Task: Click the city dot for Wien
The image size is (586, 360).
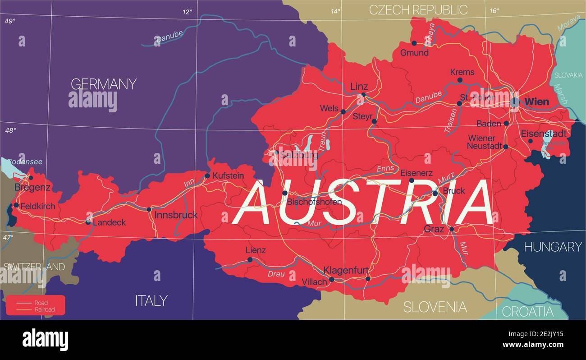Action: (515, 102)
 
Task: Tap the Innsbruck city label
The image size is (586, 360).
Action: (176, 215)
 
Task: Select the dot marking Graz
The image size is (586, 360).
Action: (451, 229)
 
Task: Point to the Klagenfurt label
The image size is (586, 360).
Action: (346, 270)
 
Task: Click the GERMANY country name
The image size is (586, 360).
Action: (104, 84)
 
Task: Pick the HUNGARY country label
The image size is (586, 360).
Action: (553, 247)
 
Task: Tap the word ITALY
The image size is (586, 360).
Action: (151, 300)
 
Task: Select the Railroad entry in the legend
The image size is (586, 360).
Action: (45, 309)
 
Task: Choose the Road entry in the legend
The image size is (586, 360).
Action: (41, 303)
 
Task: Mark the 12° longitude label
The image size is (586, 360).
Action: (187, 12)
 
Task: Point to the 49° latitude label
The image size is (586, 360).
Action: (10, 21)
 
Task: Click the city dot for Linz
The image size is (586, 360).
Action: (364, 95)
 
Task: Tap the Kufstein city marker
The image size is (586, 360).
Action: (207, 176)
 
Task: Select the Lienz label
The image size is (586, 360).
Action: (256, 250)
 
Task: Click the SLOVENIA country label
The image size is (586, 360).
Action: (435, 307)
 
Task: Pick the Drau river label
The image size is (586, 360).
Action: (276, 274)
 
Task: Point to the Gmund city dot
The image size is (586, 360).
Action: (414, 43)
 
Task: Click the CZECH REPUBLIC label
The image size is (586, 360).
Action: (418, 9)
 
